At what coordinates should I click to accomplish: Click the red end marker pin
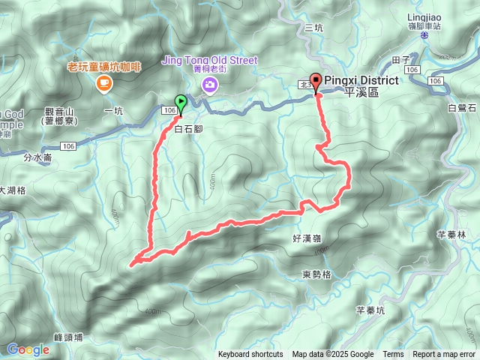(316, 82)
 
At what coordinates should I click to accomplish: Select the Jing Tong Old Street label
(209, 61)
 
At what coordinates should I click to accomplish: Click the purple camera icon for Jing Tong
(209, 85)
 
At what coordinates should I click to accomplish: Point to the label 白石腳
(188, 129)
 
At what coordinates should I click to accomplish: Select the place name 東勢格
(317, 274)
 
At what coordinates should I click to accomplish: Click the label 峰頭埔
(68, 337)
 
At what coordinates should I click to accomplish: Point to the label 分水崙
(37, 158)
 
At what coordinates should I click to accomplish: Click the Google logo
(28, 349)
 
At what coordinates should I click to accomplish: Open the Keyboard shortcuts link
(250, 355)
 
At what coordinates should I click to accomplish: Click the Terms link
(393, 355)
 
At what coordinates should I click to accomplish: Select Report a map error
(444, 355)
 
